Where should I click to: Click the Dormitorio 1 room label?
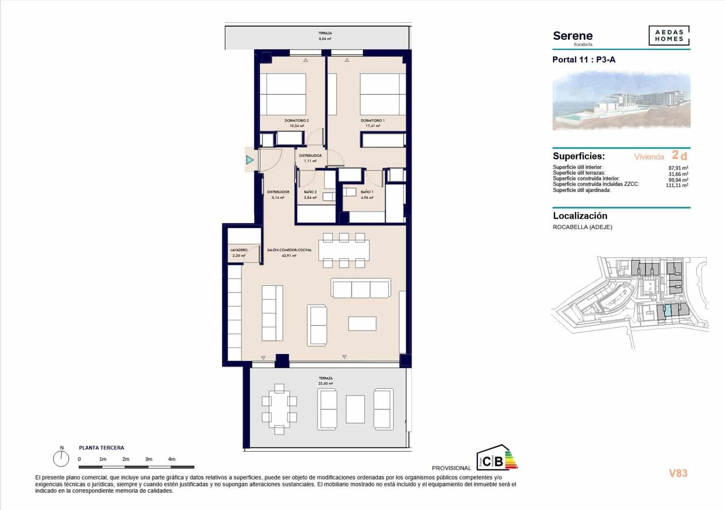click(x=372, y=121)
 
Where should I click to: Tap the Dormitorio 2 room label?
click(x=296, y=121)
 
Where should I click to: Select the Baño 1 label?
click(x=367, y=192)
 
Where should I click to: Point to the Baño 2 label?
click(x=310, y=192)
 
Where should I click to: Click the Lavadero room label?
click(x=239, y=250)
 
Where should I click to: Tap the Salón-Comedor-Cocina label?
click(x=289, y=250)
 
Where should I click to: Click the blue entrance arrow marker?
click(x=250, y=160)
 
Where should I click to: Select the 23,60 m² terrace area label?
click(x=325, y=383)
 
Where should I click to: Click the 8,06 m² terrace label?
click(x=325, y=39)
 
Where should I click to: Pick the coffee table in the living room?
click(x=362, y=323)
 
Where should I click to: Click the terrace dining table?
click(x=279, y=409)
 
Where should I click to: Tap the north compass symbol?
click(x=61, y=458)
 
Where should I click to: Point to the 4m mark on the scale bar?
click(x=171, y=459)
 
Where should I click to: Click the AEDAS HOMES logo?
click(x=669, y=36)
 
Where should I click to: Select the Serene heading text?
click(x=573, y=36)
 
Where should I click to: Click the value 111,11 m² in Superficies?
click(x=677, y=185)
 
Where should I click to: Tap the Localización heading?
click(x=580, y=216)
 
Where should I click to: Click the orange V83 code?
click(x=678, y=473)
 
